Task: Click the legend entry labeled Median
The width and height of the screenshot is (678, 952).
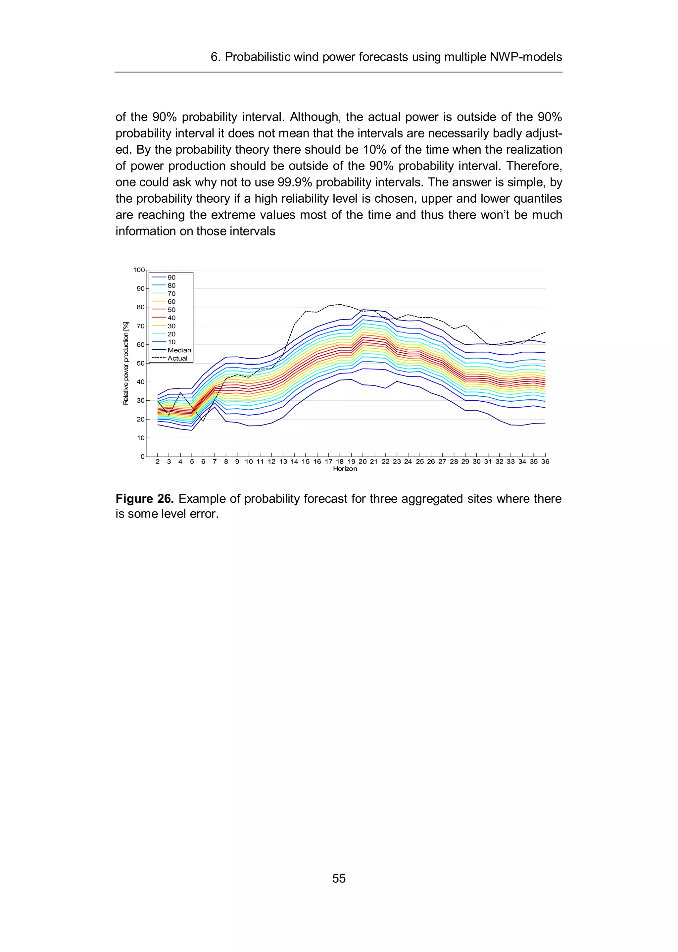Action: [x=179, y=350]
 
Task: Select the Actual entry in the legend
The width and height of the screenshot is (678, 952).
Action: [x=177, y=358]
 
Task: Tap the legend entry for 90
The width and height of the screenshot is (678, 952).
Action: [x=171, y=277]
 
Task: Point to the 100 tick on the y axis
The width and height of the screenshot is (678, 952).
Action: [x=139, y=270]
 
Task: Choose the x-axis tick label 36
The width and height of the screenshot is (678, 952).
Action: [x=545, y=461]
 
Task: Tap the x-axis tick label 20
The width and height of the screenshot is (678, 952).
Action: [x=363, y=461]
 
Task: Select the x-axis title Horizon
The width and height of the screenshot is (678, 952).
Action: [x=345, y=469]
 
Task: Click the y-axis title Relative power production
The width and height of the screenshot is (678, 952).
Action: [x=126, y=363]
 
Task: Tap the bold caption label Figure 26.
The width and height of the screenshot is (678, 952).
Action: [x=144, y=499]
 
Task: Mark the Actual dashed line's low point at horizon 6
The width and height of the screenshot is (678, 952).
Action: [x=203, y=421]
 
